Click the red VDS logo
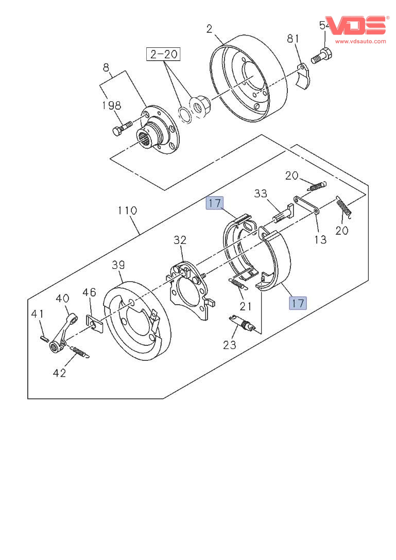pyautogui.click(x=355, y=25)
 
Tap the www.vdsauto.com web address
pyautogui.click(x=360, y=41)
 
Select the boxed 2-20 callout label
pyautogui.click(x=164, y=54)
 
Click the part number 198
pyautogui.click(x=111, y=106)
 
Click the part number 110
pyautogui.click(x=127, y=211)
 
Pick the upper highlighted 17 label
pyautogui.click(x=215, y=203)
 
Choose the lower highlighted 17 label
pyautogui.click(x=298, y=303)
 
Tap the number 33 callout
pyautogui.click(x=261, y=194)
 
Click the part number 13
pyautogui.click(x=320, y=239)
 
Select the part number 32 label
pyautogui.click(x=179, y=240)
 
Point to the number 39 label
pyautogui.click(x=118, y=265)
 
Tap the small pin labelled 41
pyautogui.click(x=44, y=338)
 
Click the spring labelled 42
pyautogui.click(x=79, y=352)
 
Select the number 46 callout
pyautogui.click(x=89, y=293)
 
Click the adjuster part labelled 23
pyautogui.click(x=242, y=324)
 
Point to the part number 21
pyautogui.click(x=246, y=306)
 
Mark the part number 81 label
pyautogui.click(x=293, y=39)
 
